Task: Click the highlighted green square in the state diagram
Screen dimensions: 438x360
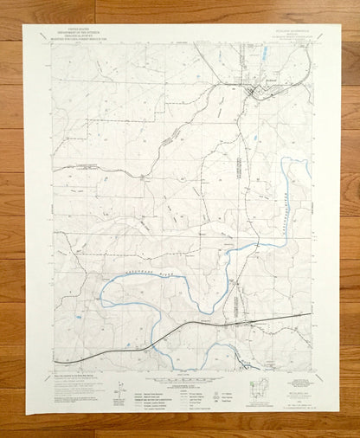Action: click(257, 386)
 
